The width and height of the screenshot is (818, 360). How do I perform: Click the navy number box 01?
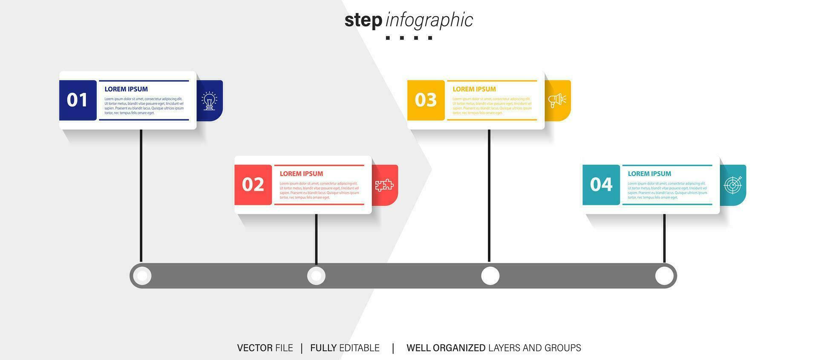[x=78, y=100]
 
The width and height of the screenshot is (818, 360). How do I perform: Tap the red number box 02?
[x=253, y=184]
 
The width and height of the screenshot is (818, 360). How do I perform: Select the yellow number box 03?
[x=426, y=100]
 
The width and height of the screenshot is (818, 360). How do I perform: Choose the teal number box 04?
[x=601, y=184]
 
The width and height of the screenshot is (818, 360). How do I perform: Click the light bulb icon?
[x=209, y=101]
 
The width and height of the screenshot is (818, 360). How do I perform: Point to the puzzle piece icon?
[x=384, y=185]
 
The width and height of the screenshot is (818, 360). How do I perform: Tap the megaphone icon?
[x=557, y=101]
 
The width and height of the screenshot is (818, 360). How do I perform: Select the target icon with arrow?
[x=733, y=185]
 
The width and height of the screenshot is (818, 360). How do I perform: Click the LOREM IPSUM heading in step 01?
[x=126, y=89]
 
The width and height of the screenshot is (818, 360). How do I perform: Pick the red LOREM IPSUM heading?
[x=301, y=174]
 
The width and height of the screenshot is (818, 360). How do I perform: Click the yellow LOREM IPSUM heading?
[x=474, y=89]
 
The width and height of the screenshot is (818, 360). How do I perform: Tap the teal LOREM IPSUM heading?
[x=649, y=174]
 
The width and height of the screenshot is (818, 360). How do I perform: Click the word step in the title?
[x=363, y=20]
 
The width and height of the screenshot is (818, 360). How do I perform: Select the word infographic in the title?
[x=429, y=20]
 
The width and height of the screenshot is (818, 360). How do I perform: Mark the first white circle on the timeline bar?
[x=142, y=276]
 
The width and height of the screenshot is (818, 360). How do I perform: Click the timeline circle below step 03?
[x=490, y=276]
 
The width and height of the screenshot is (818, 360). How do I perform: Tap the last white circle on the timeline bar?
[x=664, y=276]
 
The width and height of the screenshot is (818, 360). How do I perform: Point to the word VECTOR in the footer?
[x=255, y=348]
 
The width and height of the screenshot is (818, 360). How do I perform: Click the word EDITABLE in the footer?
[x=359, y=348]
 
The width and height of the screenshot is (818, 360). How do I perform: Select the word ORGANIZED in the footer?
[x=459, y=348]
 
